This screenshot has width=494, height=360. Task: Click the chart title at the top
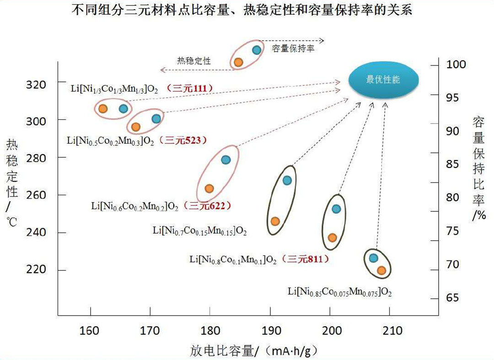(242, 10)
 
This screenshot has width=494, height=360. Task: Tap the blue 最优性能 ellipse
(383, 80)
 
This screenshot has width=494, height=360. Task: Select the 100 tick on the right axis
(456, 64)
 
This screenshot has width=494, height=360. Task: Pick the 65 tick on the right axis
(452, 298)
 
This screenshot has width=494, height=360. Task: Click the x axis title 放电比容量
(254, 351)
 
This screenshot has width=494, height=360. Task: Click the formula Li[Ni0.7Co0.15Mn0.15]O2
(200, 231)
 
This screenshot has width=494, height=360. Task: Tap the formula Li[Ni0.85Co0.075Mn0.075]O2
(339, 291)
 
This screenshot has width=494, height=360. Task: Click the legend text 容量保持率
(293, 48)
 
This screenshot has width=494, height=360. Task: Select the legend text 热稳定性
(194, 60)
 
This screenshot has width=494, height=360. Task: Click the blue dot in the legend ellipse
(256, 50)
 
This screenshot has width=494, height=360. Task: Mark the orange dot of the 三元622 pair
(209, 188)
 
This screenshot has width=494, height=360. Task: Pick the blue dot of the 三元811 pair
(336, 209)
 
